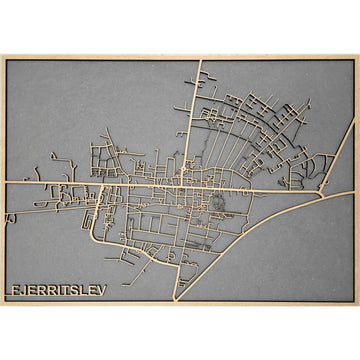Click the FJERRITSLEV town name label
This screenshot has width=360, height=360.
[x=58, y=291]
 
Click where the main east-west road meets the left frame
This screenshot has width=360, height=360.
[x=4, y=183]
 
